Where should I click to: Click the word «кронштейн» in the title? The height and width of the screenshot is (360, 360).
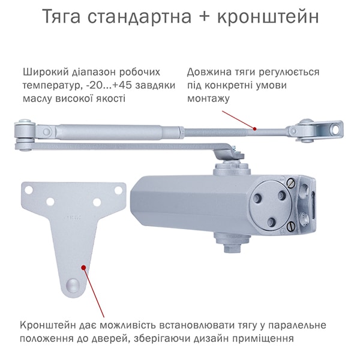pos(268,17)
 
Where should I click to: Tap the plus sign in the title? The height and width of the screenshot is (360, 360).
pos(205,17)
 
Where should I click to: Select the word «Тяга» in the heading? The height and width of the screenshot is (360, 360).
pos(62,17)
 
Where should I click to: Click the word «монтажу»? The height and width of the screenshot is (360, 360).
pos(208,99)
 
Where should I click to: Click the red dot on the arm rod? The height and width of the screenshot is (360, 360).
pos(254,129)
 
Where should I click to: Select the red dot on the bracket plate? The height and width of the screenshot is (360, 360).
pos(83,267)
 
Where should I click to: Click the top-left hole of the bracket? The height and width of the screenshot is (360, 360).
pos(29,190)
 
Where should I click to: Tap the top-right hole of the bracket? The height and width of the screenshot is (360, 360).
pos(118,190)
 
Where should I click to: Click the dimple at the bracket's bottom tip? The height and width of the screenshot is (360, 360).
pos(73,285)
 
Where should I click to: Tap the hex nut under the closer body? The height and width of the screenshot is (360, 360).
pos(232,247)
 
